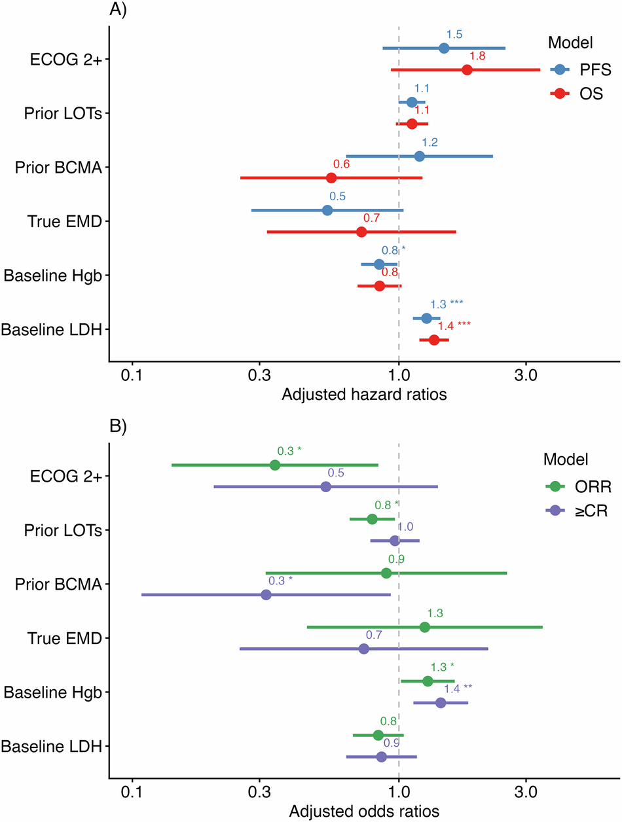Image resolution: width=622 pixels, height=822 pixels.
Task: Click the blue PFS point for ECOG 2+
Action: pos(444,48)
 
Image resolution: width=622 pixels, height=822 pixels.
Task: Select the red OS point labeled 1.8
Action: pos(467,70)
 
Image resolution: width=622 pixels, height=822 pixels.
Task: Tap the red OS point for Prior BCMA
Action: pos(331,178)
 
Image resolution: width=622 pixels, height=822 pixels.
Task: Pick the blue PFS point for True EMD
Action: pos(327,210)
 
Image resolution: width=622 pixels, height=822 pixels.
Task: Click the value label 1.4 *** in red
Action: pos(454,325)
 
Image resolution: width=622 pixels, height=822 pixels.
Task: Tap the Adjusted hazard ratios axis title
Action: pos(363,395)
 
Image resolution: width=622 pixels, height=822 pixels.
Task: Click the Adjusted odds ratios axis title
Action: pos(363,810)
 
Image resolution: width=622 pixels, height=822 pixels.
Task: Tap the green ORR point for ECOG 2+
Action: pos(275,465)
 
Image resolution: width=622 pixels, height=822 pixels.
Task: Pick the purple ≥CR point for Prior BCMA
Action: pos(266,595)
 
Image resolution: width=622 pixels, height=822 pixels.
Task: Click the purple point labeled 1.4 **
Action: pos(441,703)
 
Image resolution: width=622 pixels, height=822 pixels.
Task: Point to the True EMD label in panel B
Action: pos(64,638)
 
